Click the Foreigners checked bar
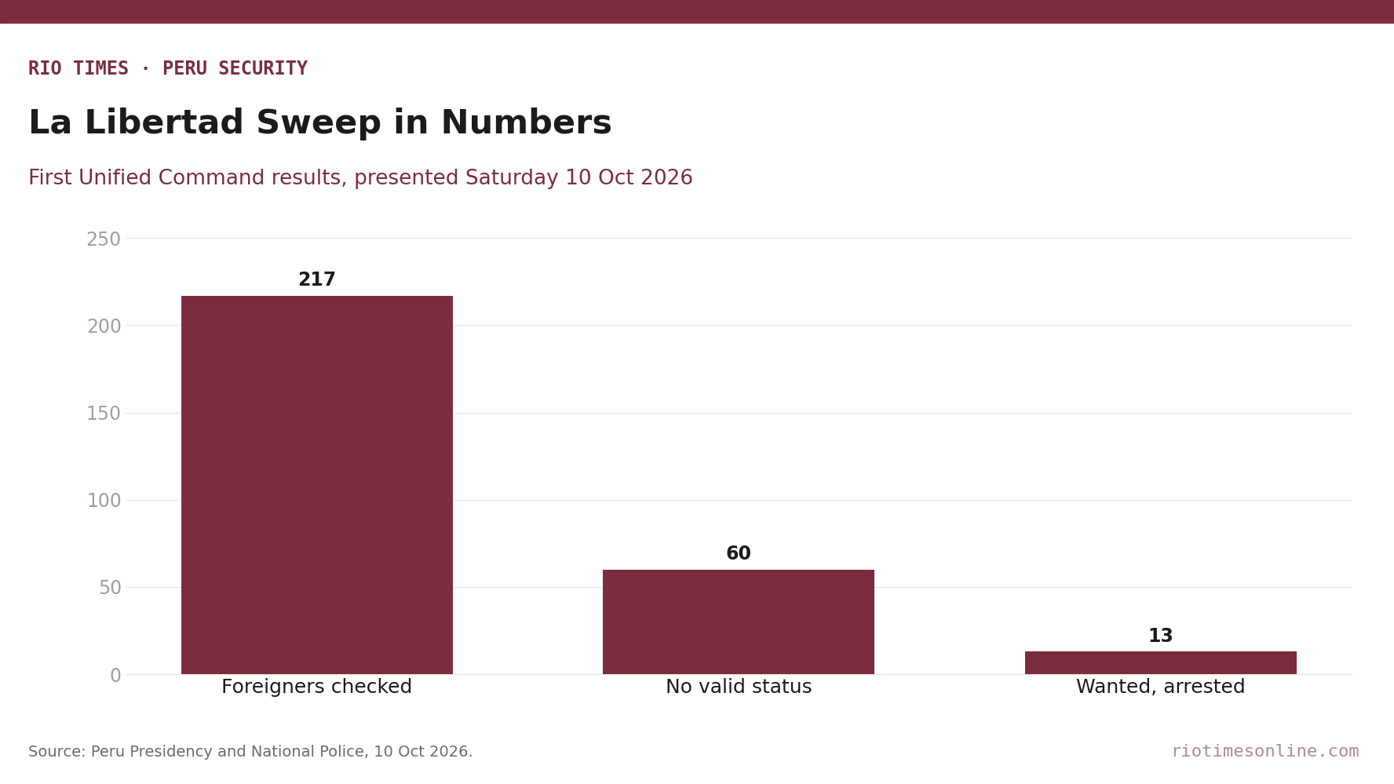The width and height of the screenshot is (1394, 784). (317, 485)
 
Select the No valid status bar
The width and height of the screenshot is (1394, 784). (739, 622)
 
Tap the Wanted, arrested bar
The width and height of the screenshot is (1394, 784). (1160, 663)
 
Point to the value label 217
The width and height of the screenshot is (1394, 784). (317, 280)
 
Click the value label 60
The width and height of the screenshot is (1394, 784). (739, 554)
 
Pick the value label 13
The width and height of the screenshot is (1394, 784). (1160, 636)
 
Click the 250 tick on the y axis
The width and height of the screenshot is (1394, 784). (104, 239)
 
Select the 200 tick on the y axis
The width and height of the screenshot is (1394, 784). (104, 326)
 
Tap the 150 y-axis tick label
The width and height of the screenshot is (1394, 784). (104, 414)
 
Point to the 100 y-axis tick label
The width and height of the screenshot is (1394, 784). (104, 501)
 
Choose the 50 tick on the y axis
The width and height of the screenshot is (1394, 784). (110, 588)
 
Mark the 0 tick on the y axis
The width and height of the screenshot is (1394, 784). (115, 676)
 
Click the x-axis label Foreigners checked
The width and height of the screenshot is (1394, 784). (317, 687)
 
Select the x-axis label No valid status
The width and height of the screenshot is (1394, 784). (739, 687)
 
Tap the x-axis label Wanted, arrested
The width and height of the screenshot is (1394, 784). (1160, 687)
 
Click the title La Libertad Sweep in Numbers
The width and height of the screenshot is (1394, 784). (320, 123)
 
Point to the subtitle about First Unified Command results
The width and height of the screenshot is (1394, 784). (360, 179)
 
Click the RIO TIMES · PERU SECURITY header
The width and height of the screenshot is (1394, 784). (168, 69)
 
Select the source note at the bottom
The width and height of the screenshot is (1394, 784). (250, 752)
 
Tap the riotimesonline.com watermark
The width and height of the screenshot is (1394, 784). (1264, 752)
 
